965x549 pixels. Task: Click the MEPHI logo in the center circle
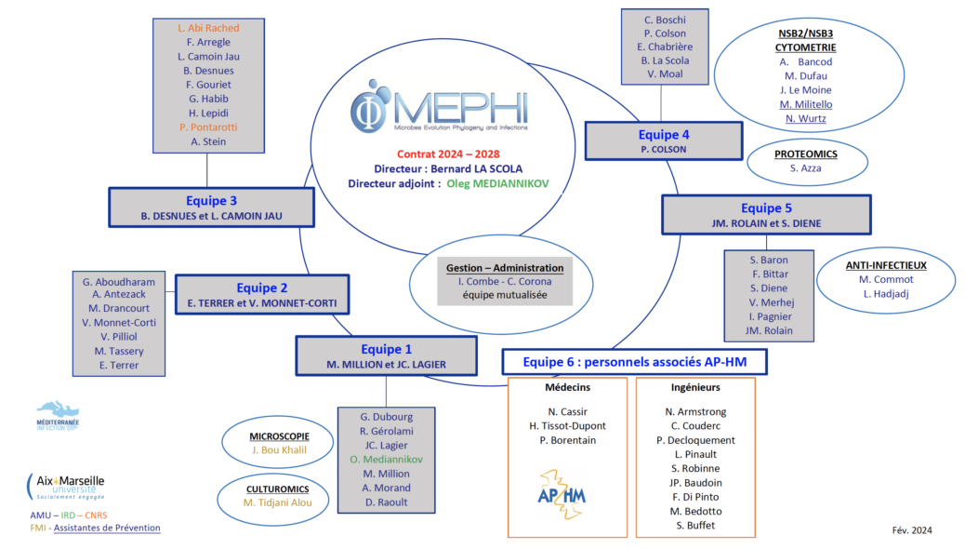pyautogui.click(x=429, y=109)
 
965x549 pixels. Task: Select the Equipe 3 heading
pyautogui.click(x=211, y=200)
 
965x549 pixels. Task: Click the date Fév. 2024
pyautogui.click(x=911, y=530)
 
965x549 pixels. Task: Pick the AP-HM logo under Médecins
pyautogui.click(x=562, y=492)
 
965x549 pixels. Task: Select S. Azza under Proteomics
pyautogui.click(x=806, y=167)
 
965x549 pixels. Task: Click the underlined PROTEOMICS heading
pyautogui.click(x=806, y=154)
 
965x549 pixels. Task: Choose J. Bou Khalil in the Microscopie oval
pyautogui.click(x=278, y=449)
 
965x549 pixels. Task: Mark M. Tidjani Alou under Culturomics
pyautogui.click(x=278, y=502)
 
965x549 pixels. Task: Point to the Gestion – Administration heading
pyautogui.click(x=505, y=267)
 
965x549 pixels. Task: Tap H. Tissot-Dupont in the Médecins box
pyautogui.click(x=566, y=425)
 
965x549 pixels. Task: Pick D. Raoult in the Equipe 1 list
pyautogui.click(x=386, y=502)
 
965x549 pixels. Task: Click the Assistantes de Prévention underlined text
pyautogui.click(x=107, y=528)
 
